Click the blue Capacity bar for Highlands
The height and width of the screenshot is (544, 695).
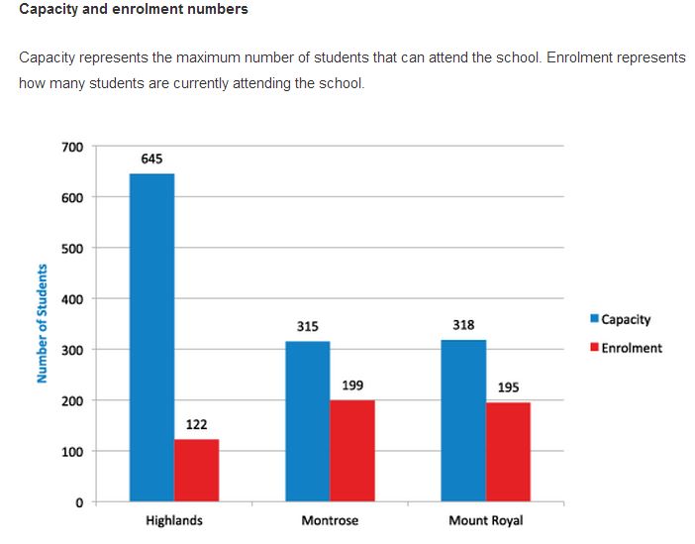(x=151, y=337)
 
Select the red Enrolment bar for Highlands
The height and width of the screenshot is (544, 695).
(x=196, y=471)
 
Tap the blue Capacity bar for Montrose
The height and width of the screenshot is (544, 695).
(x=308, y=421)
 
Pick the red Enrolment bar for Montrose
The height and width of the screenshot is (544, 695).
(x=352, y=451)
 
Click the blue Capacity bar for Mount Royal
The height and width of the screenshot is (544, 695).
(x=463, y=420)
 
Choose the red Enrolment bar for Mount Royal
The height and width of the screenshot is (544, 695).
(x=508, y=452)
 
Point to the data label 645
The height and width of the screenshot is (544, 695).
(x=151, y=159)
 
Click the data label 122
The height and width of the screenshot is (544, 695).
(x=196, y=424)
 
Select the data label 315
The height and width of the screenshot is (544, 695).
(x=308, y=326)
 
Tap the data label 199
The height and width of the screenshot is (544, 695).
(x=352, y=384)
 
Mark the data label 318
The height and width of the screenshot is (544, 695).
(x=463, y=324)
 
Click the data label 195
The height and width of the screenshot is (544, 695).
(x=508, y=387)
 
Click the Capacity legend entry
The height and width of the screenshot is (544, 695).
(x=621, y=319)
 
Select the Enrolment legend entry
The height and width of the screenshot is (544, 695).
(x=626, y=348)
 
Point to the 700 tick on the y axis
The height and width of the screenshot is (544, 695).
(x=72, y=147)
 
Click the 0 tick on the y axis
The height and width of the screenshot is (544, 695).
(x=79, y=502)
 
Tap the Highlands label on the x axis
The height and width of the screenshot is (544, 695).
(x=174, y=521)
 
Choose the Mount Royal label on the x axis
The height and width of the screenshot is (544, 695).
(x=485, y=521)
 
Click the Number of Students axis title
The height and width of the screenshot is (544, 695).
(x=43, y=323)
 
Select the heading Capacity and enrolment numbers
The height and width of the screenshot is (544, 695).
(x=134, y=10)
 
